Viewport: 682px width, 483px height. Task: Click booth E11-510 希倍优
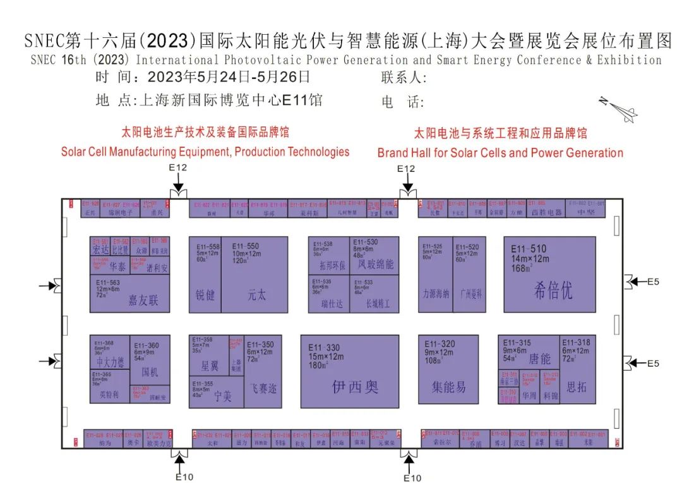coord(549,274)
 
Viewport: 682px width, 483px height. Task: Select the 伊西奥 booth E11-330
coord(349,372)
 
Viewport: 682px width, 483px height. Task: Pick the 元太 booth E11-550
coord(254,274)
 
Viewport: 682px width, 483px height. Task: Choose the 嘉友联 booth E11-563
coord(130,294)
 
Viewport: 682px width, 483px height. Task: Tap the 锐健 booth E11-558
coord(205,274)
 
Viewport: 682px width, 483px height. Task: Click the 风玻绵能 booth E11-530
coord(374,255)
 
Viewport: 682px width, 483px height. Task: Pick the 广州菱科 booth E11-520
coord(470,274)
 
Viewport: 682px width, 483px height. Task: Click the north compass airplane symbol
coord(618,109)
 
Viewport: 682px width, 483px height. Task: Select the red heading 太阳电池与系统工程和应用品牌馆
coord(500,133)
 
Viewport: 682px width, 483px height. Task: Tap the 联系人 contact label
coord(404,78)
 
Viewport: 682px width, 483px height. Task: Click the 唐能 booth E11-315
coord(527,352)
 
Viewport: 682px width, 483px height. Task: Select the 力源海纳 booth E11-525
coord(436,274)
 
